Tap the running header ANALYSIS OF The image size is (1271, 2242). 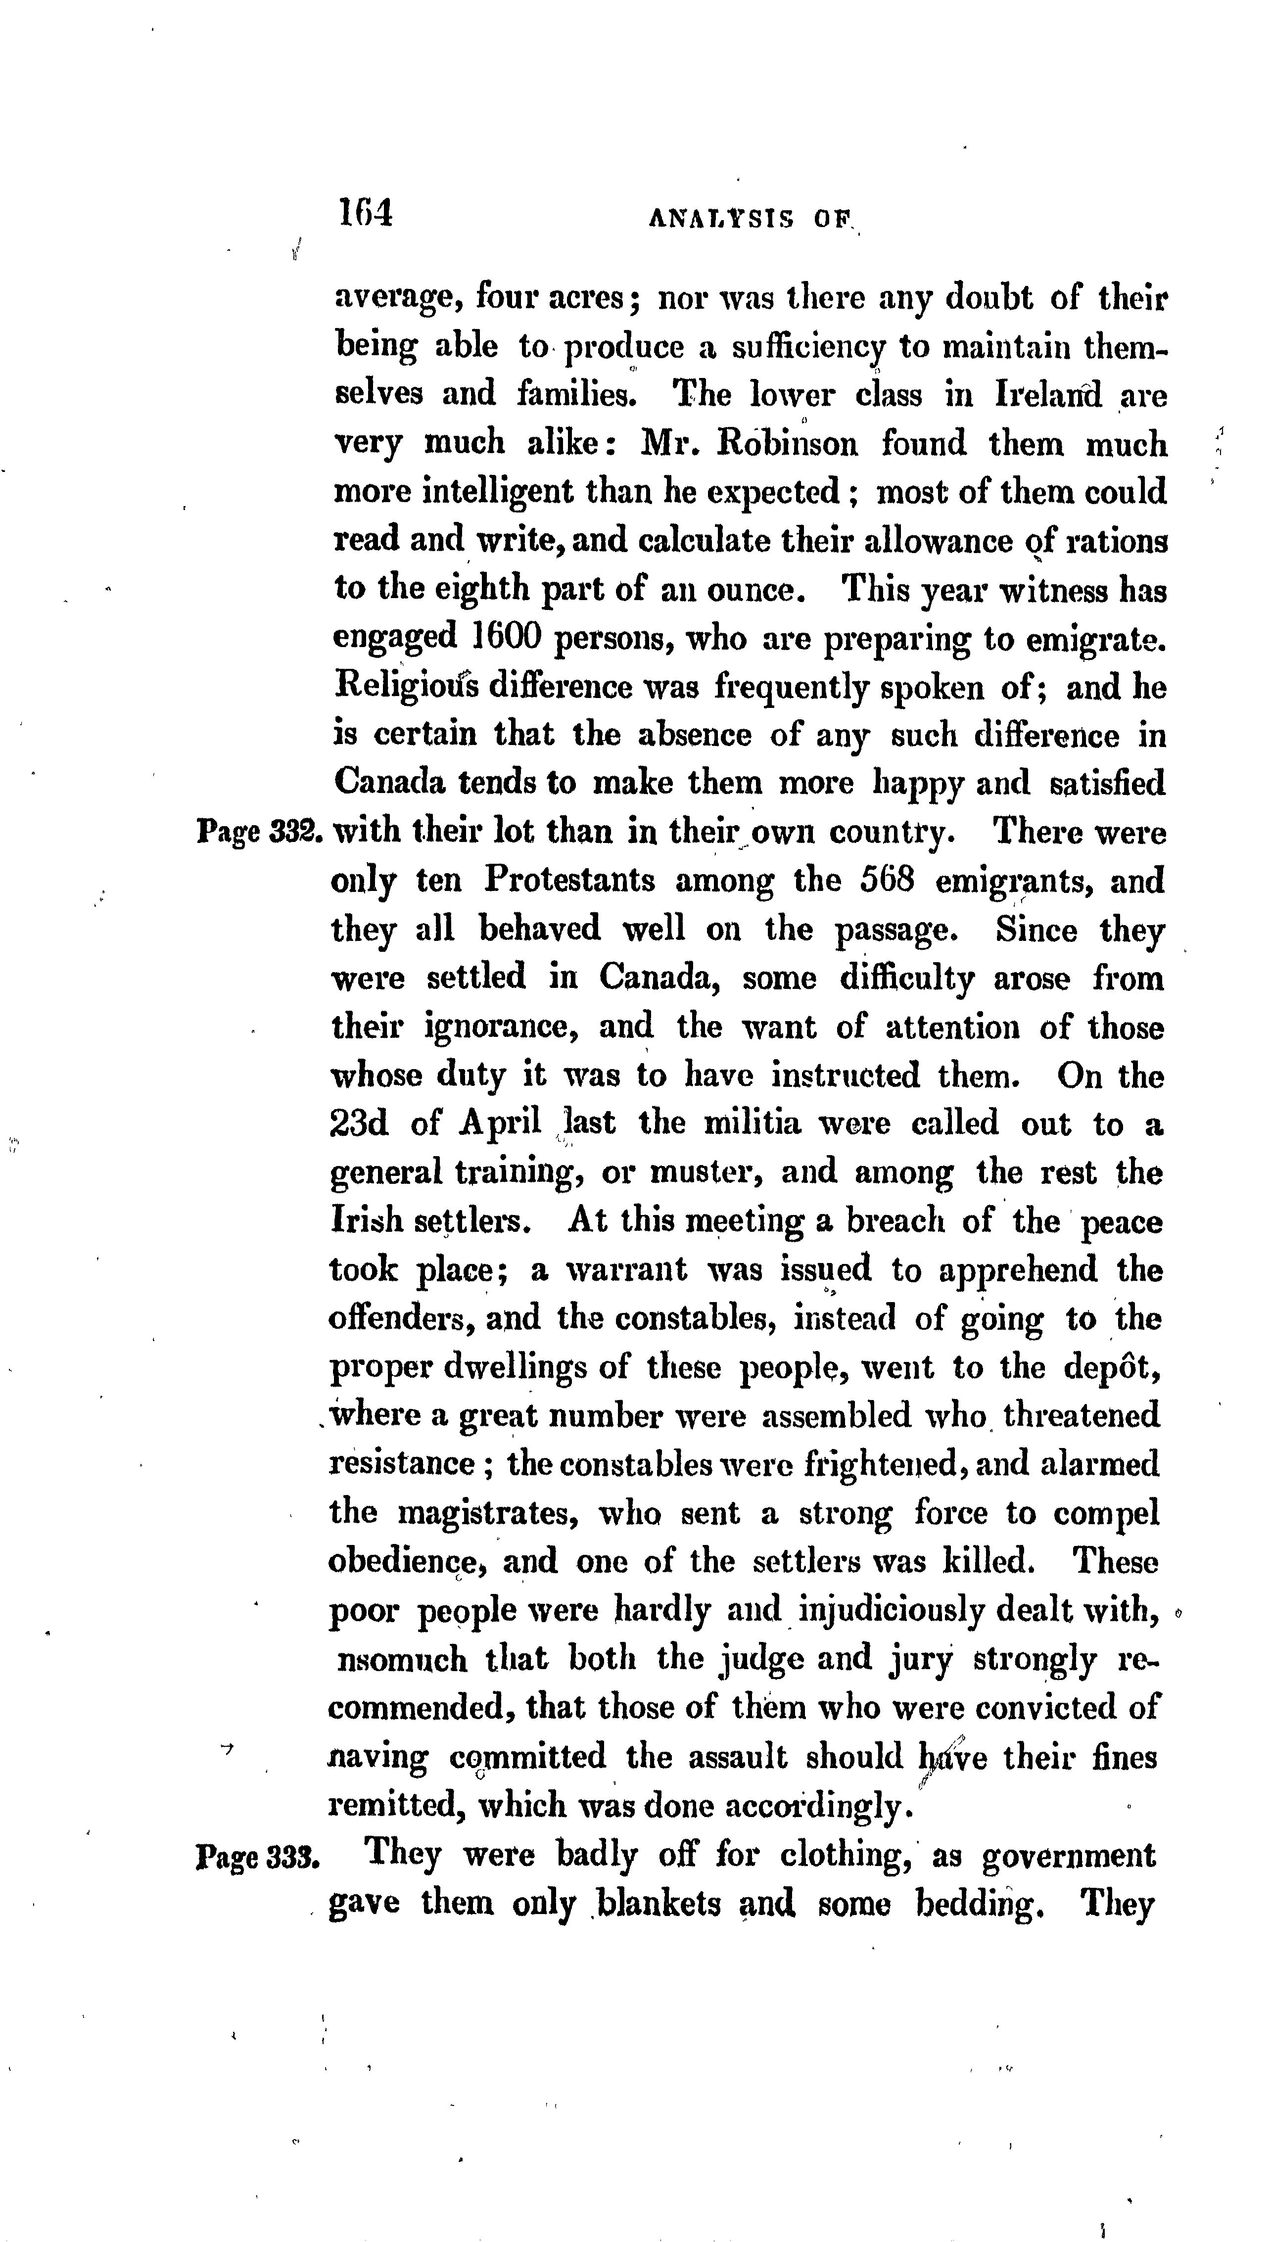pos(750,220)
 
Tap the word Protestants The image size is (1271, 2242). pos(569,880)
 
